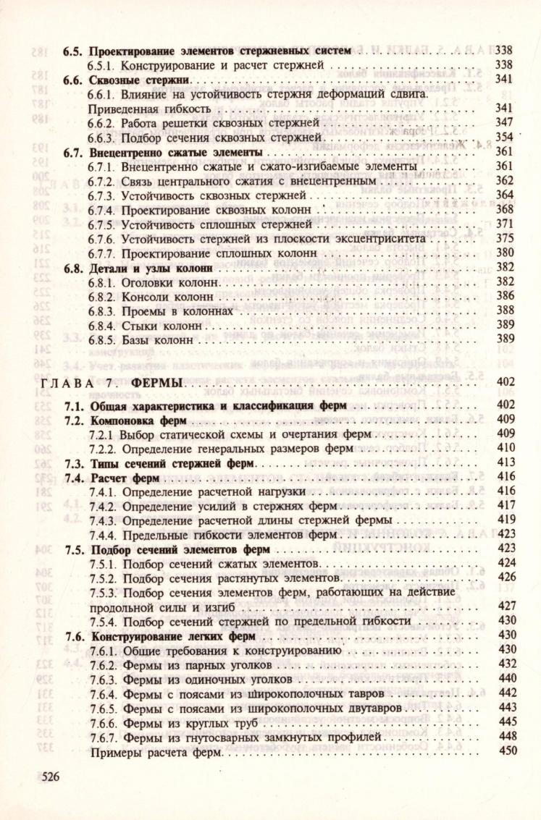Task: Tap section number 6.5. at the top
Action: (x=73, y=51)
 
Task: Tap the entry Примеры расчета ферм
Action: (x=156, y=753)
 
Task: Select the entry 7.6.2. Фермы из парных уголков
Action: (x=180, y=665)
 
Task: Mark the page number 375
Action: (x=504, y=237)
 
